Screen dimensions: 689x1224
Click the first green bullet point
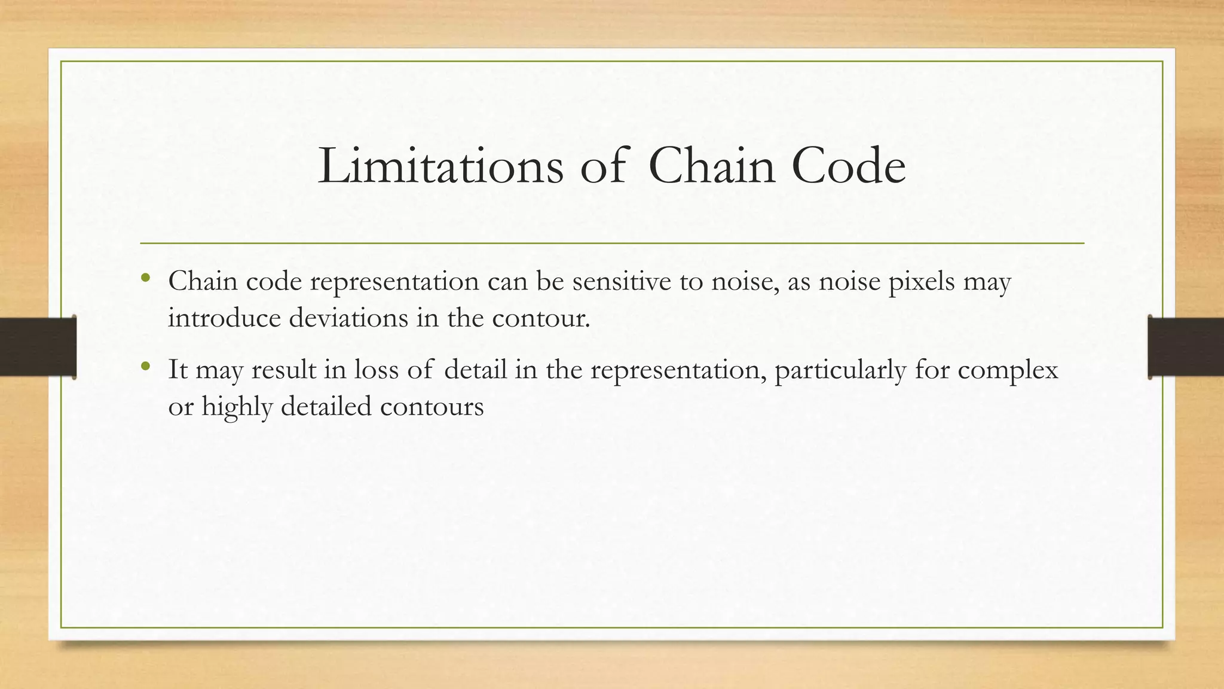pyautogui.click(x=145, y=278)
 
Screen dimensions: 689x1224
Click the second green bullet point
pyautogui.click(x=145, y=365)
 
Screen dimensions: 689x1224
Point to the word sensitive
pyautogui.click(x=622, y=281)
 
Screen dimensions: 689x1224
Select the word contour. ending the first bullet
pyautogui.click(x=541, y=318)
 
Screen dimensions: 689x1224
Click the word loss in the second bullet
pyautogui.click(x=376, y=369)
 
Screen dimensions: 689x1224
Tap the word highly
pyautogui.click(x=237, y=407)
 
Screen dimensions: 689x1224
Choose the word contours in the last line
pyautogui.click(x=432, y=407)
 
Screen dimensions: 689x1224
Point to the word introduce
pyautogui.click(x=224, y=317)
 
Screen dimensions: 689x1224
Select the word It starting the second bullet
pyautogui.click(x=178, y=369)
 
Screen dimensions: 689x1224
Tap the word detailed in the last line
pyautogui.click(x=326, y=406)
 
